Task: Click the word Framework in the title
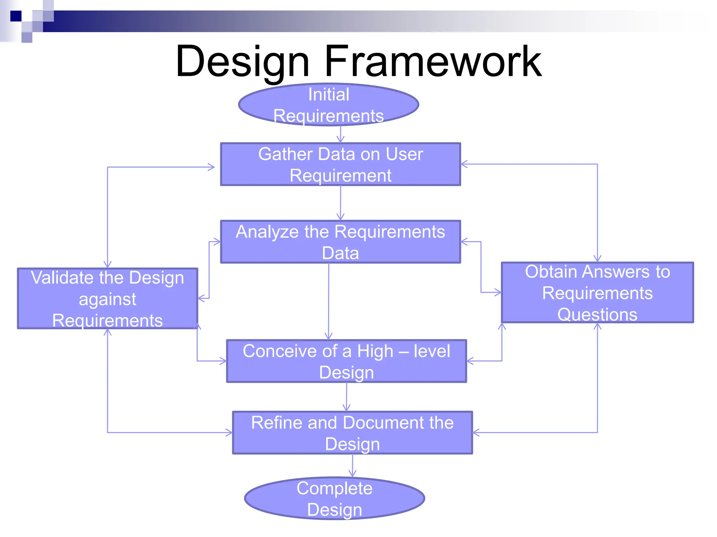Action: pos(433,62)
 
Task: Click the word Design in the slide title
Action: pos(243,62)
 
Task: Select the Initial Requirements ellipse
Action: pos(328,105)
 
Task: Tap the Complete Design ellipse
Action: pos(334,499)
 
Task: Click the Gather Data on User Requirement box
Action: pos(340,164)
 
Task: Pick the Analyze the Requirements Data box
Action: pos(340,242)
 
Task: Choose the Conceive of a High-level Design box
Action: pos(346,361)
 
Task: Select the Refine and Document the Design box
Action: pos(352,433)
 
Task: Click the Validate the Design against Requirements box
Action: pos(107,299)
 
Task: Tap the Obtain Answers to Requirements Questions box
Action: pos(597,293)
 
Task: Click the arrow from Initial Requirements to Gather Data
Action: pos(341,134)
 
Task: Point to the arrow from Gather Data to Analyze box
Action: pos(341,203)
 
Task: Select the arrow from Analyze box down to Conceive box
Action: pos(328,301)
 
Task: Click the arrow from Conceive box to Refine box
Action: pos(347,397)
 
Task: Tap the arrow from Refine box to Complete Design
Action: pos(353,465)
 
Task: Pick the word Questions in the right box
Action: pos(597,314)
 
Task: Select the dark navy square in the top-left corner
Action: pos(16,16)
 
